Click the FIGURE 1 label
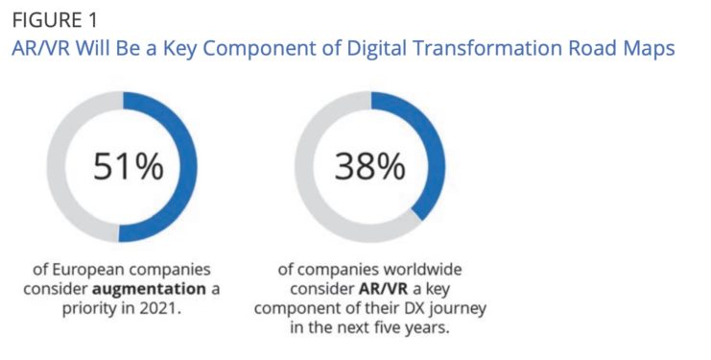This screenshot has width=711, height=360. tap(54, 20)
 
